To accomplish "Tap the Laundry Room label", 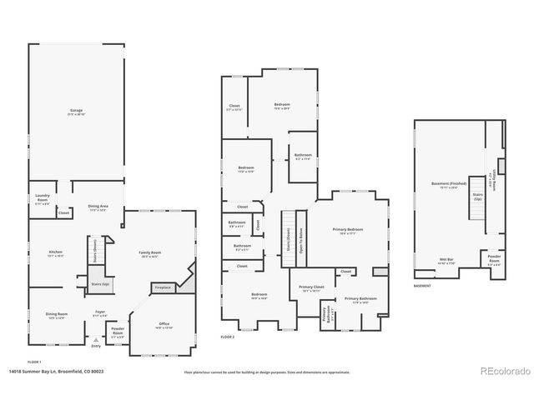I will tap(42, 199).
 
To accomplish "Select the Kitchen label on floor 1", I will tap(56, 253).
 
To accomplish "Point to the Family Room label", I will tap(150, 253).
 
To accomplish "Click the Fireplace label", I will tap(162, 287).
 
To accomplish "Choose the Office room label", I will tap(164, 326).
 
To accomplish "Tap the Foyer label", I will tap(99, 314).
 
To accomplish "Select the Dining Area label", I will tap(99, 208).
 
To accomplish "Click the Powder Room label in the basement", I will tap(493, 260).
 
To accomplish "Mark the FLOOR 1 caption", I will tap(34, 362).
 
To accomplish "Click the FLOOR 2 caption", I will tap(228, 337).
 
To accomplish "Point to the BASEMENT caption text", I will tap(422, 286).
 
